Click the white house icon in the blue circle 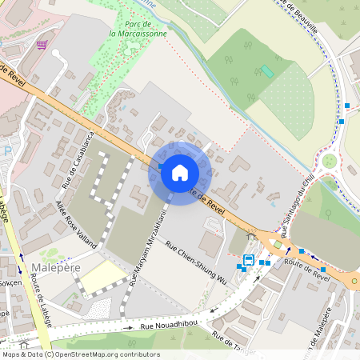point(180,173)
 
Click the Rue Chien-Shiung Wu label point(197,261)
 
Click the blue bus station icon point(249,260)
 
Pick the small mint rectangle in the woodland point(267,71)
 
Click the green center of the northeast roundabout point(330,161)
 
